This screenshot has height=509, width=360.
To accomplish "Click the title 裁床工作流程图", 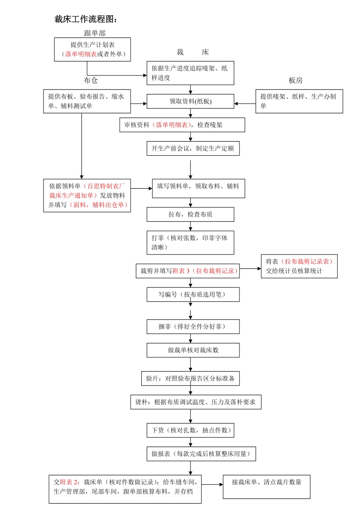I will (86, 20).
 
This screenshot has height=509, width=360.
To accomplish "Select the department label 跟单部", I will (95, 33).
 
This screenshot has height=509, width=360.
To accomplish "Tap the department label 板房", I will (295, 81).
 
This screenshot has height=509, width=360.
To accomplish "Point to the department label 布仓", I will (91, 80).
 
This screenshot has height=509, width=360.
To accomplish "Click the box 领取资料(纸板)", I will (191, 101).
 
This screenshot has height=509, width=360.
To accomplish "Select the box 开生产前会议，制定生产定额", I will (193, 149).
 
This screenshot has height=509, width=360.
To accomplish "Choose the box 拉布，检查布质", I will (191, 214).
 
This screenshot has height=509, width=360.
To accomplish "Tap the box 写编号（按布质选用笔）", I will (193, 294).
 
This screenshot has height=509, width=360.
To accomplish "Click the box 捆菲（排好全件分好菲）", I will (193, 326).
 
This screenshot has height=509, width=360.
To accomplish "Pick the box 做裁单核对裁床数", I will (193, 350).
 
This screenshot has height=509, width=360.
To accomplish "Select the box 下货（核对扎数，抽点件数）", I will (191, 430).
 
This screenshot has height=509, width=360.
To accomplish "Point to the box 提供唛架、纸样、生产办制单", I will (299, 101).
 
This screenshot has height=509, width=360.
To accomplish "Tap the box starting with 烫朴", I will (196, 402).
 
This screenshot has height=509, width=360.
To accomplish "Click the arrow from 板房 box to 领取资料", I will (245, 104).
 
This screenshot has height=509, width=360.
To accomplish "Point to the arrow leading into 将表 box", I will (250, 269).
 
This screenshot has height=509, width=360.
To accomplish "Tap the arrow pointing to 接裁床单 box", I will (212, 484).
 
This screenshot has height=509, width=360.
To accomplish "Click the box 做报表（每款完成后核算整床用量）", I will (201, 454).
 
